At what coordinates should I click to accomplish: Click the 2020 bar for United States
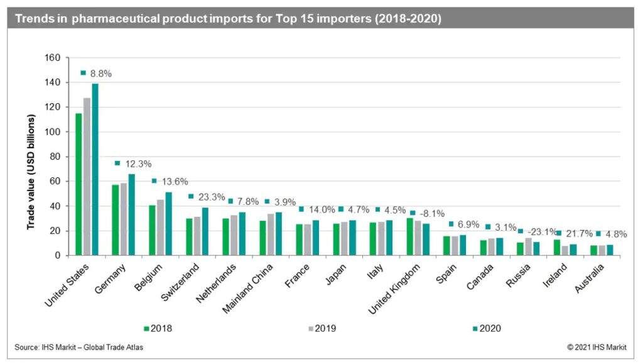pos(95,170)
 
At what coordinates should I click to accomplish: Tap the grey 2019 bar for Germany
pos(124,219)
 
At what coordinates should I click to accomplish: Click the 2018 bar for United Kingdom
pos(410,236)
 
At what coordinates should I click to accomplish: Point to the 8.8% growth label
pos(100,74)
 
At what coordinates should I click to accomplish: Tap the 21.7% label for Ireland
pos(576,233)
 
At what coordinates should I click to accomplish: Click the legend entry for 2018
pos(158,328)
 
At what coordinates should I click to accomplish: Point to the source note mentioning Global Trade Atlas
pos(78,347)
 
